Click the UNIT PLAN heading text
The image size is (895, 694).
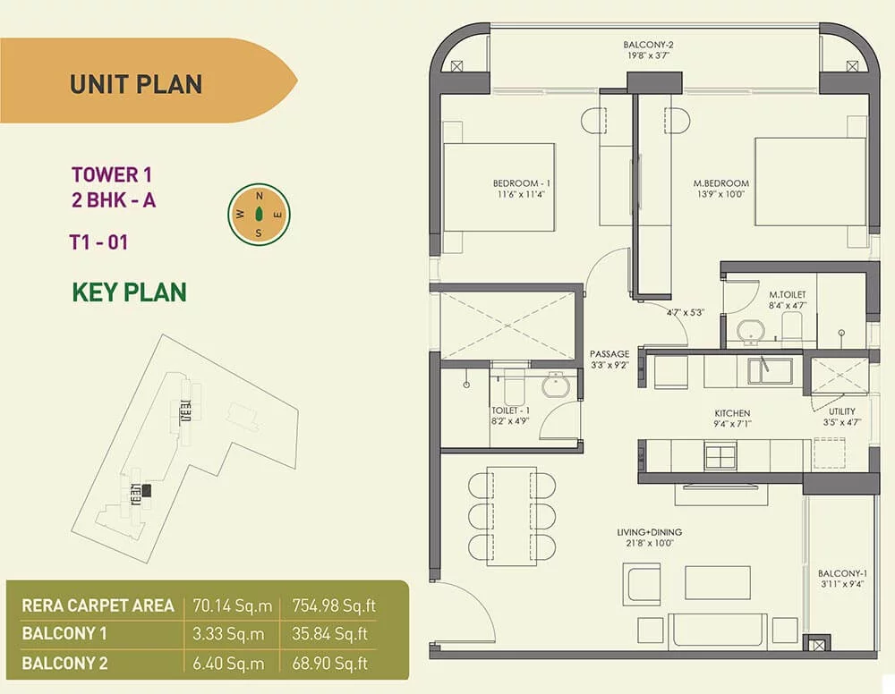136,84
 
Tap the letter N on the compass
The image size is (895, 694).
260,196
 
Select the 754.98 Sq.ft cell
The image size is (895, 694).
334,605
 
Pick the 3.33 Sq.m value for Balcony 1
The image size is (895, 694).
228,633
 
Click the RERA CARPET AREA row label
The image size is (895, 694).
98,605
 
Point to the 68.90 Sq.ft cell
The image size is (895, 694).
330,664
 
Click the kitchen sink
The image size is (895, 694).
770,372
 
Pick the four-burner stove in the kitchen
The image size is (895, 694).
720,456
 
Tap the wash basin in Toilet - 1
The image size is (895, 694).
556,385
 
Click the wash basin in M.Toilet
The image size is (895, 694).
751,333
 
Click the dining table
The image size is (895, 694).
511,516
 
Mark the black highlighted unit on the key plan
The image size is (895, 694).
147,490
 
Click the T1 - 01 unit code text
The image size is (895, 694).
98,242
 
